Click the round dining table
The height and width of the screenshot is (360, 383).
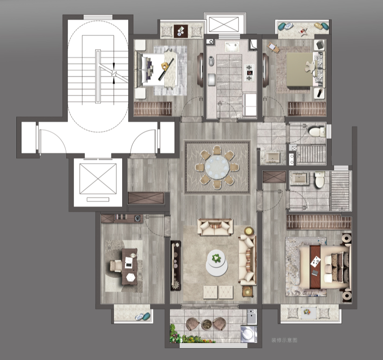click(217, 167)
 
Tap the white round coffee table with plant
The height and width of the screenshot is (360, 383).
click(216, 263)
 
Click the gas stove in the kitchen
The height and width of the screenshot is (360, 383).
click(249, 72)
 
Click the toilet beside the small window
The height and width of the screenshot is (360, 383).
click(317, 132)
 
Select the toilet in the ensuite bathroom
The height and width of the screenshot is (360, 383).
click(319, 180)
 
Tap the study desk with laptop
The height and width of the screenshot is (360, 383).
click(130, 266)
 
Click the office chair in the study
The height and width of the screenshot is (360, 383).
click(116, 266)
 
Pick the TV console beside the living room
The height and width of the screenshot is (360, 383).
click(175, 265)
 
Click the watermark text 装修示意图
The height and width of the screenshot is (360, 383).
click(284, 340)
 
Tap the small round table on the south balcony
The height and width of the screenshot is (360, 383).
click(207, 325)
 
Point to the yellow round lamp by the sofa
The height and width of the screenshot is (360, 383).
click(249, 231)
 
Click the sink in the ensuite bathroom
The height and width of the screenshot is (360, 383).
click(299, 178)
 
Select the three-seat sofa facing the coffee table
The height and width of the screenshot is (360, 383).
click(247, 260)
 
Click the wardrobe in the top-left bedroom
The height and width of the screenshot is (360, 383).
click(153, 108)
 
